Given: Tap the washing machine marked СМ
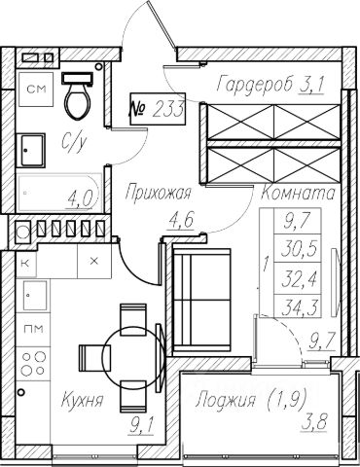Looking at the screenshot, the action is pyautogui.click(x=36, y=90).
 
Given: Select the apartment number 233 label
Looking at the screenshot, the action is pyautogui.click(x=158, y=109).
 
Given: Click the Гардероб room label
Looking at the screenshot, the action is pyautogui.click(x=255, y=85).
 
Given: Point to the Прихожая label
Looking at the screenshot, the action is pyautogui.click(x=159, y=193).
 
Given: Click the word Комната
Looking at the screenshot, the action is pyautogui.click(x=298, y=194).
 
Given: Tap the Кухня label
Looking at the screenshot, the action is pyautogui.click(x=82, y=399).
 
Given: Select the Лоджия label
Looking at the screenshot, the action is pyautogui.click(x=226, y=401).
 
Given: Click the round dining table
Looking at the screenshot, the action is pyautogui.click(x=132, y=356).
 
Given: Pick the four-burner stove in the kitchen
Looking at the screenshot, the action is pyautogui.click(x=33, y=364).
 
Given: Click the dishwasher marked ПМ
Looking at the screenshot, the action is pyautogui.click(x=33, y=330).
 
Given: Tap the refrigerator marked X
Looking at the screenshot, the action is pyautogui.click(x=94, y=261).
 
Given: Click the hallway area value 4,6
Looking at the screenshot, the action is pyautogui.click(x=181, y=220).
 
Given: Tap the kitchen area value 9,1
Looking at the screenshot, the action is pyautogui.click(x=141, y=425).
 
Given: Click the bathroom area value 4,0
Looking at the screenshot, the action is pyautogui.click(x=80, y=198).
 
